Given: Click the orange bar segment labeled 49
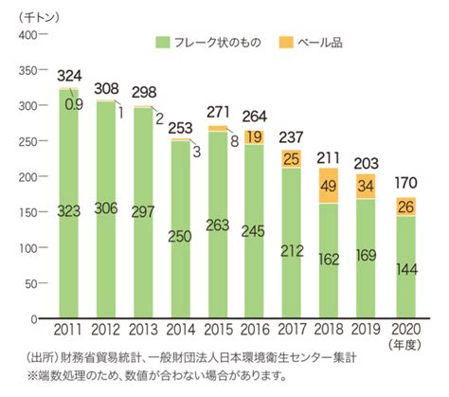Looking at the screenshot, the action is (x=329, y=186).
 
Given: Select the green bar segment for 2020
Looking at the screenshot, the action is (x=405, y=267).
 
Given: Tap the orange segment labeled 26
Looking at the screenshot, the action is (x=405, y=207).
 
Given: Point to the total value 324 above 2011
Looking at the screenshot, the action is (x=69, y=76).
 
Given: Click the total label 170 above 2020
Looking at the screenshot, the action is (x=406, y=183).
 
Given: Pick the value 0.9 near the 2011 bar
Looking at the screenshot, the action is (x=74, y=104).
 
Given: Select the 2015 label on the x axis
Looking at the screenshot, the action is (x=218, y=330).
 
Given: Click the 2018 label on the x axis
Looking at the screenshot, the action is (x=329, y=330).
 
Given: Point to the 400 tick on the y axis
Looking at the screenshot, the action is (x=27, y=35).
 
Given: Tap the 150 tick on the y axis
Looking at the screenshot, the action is (x=27, y=212).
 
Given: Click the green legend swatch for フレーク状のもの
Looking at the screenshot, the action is (x=163, y=43).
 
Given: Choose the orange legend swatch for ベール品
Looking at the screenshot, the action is (x=286, y=43).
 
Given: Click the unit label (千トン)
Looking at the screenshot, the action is (x=39, y=17).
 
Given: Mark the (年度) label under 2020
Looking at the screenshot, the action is (x=405, y=345).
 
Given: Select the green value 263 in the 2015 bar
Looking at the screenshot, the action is (x=218, y=226).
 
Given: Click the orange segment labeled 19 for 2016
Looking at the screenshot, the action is (x=255, y=137).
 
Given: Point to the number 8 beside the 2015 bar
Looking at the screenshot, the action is (x=235, y=141).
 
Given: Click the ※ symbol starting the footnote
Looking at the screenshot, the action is (x=32, y=376).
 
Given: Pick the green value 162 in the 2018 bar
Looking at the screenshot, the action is (x=329, y=260).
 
